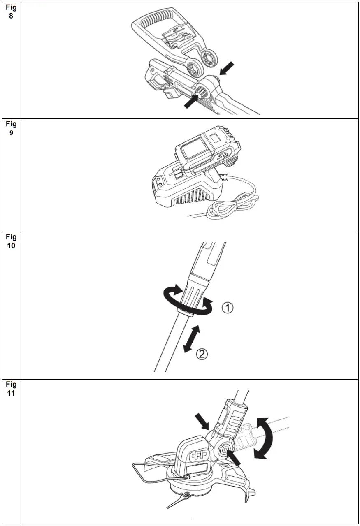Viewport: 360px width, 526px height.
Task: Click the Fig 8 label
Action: (11, 12)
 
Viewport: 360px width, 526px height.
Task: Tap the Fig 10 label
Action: (11, 241)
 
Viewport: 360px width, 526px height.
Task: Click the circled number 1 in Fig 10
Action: (228, 307)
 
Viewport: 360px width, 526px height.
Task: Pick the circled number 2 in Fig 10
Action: (202, 353)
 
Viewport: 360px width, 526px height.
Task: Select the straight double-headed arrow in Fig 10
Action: (191, 338)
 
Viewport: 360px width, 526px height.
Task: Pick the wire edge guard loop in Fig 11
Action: (142, 473)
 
